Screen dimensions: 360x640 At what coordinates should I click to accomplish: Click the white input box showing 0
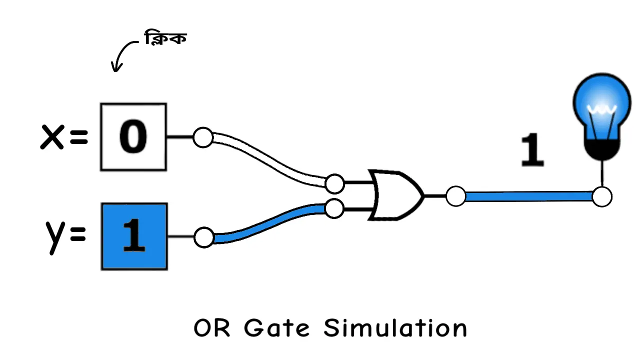(x=133, y=136)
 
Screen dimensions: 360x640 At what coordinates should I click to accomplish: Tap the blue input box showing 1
(x=134, y=236)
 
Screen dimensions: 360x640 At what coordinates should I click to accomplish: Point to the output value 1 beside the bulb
(x=532, y=150)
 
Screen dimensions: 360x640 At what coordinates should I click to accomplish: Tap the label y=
(x=64, y=235)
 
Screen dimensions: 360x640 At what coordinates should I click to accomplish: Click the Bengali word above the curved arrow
(x=165, y=38)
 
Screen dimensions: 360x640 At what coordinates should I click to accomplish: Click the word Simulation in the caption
(x=395, y=328)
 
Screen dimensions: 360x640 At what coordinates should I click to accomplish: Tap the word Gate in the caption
(x=277, y=328)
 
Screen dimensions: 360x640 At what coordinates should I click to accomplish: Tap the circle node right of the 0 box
(x=203, y=137)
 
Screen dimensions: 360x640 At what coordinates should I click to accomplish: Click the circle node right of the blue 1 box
(x=203, y=237)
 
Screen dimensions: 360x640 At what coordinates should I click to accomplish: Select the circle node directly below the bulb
(x=602, y=196)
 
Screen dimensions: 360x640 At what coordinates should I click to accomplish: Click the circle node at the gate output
(x=455, y=196)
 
